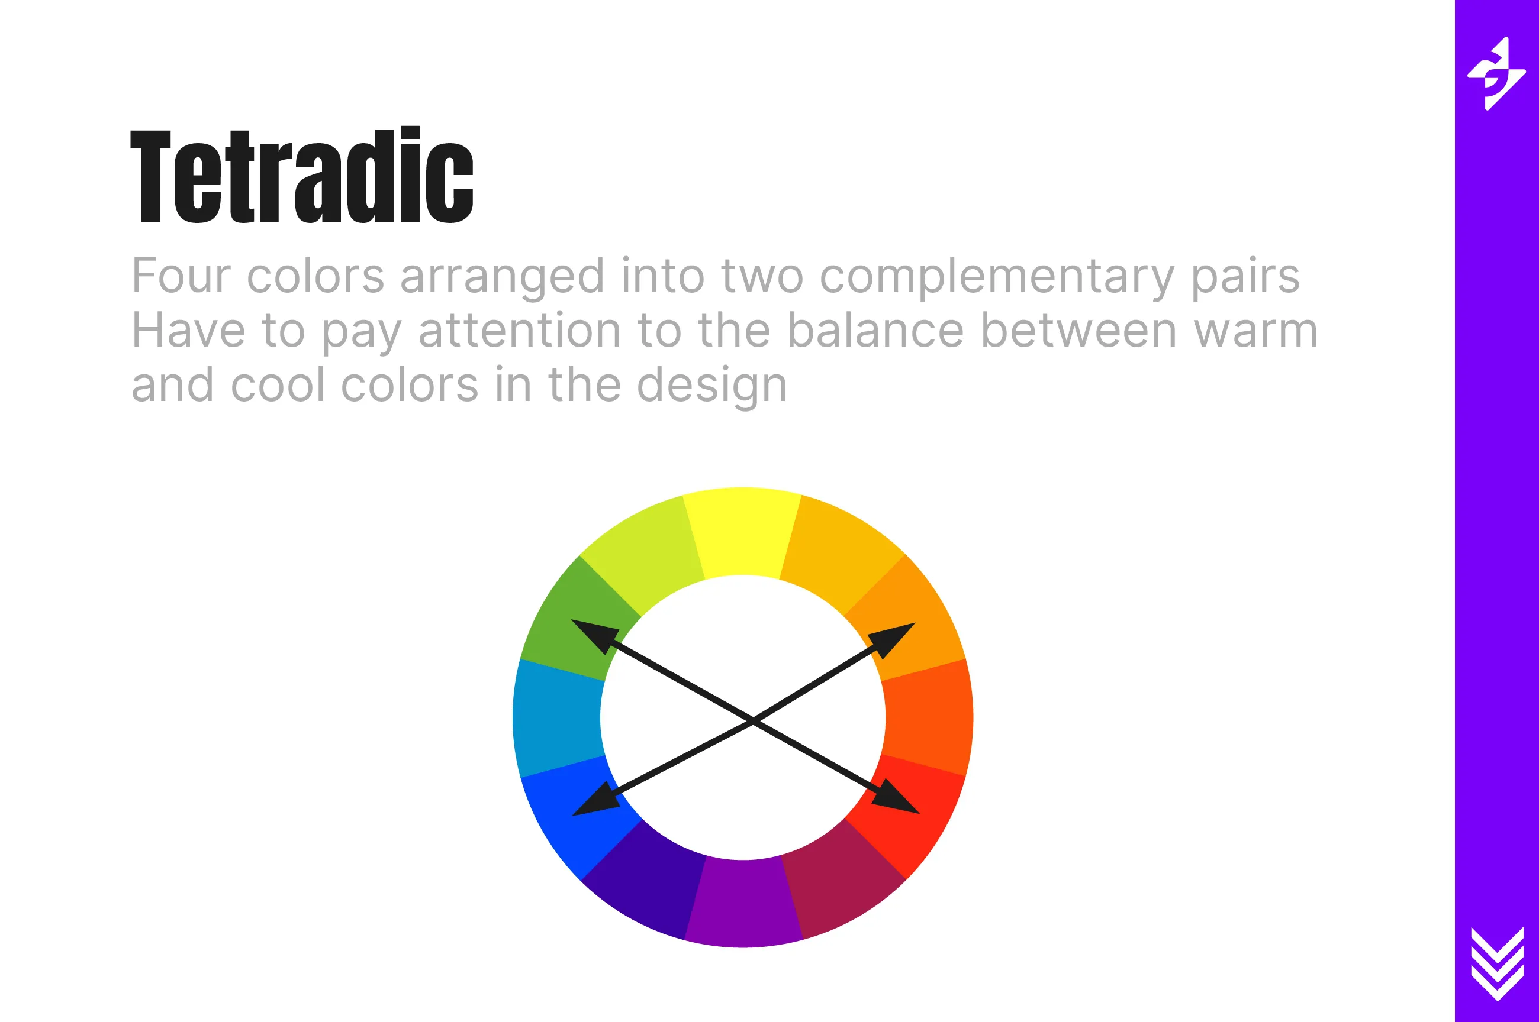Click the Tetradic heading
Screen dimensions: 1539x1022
[301, 174]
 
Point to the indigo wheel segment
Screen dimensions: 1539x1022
[646, 883]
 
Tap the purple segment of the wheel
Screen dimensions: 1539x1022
[743, 903]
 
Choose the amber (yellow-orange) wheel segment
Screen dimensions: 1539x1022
[841, 551]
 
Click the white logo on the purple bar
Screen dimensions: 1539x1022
[1496, 74]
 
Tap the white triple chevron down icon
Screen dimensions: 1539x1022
[1497, 963]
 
